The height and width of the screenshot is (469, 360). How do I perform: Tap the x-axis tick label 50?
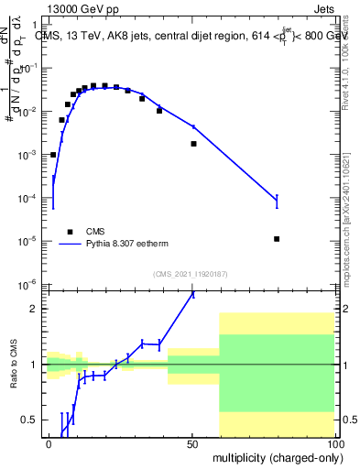click(x=192, y=443)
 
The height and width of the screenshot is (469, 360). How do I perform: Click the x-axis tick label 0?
click(x=49, y=443)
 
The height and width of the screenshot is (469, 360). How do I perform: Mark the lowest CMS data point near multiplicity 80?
click(x=277, y=239)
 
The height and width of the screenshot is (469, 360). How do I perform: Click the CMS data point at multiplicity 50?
click(x=193, y=144)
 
